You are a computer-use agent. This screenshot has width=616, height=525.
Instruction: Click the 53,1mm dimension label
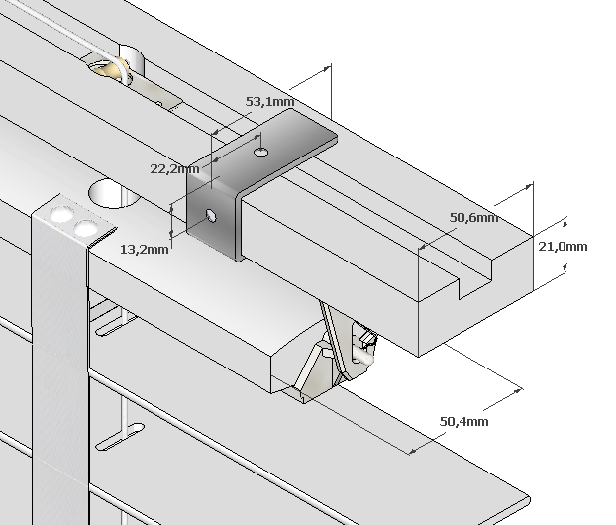pos(268,101)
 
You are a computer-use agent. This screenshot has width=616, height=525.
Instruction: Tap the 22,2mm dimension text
pos(174,169)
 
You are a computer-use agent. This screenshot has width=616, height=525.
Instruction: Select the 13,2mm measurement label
pos(144,249)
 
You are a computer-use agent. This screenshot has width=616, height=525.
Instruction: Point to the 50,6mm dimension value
pos(473,218)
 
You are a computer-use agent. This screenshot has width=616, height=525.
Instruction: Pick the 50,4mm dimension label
pos(463,422)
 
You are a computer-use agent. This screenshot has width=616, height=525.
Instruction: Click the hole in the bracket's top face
pos(260,151)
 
